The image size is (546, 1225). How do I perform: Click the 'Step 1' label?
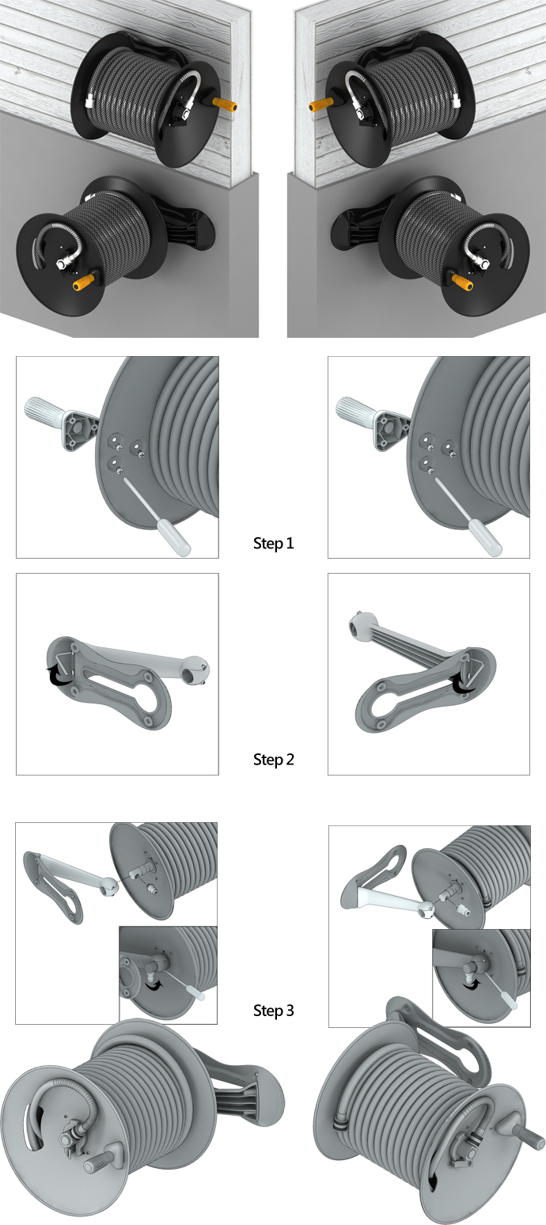point(273,544)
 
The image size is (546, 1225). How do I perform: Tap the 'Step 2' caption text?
point(273,760)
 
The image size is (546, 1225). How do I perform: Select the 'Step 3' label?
point(273,1011)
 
